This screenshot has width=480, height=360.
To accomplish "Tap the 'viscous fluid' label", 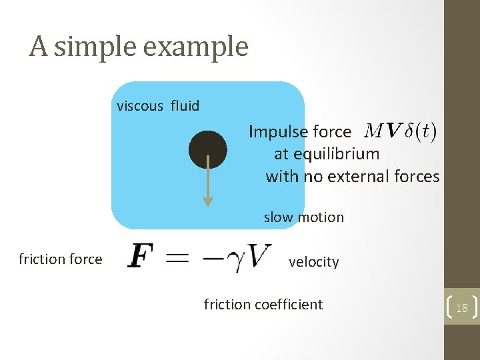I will click(x=158, y=106).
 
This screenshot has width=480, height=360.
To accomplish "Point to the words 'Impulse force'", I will click(x=299, y=132).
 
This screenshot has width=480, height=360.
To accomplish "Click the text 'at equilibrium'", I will click(x=327, y=154).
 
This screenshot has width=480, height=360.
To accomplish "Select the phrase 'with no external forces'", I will click(x=353, y=177).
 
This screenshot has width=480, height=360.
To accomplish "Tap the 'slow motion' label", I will click(x=304, y=217).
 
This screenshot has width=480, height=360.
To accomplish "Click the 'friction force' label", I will click(x=61, y=259).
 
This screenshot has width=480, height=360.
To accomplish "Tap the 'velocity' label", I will click(x=313, y=263).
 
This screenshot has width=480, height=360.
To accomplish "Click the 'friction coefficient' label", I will click(x=263, y=305).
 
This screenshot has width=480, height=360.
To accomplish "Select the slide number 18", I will click(x=462, y=307).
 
